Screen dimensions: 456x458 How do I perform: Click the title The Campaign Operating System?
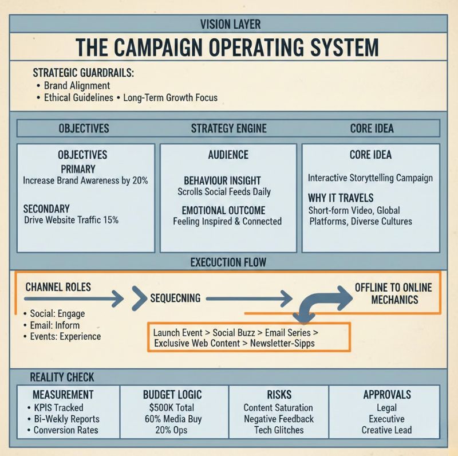pyautogui.click(x=228, y=48)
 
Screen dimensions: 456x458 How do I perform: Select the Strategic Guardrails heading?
pyautogui.click(x=83, y=73)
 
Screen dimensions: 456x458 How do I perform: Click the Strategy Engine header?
pyautogui.click(x=228, y=128)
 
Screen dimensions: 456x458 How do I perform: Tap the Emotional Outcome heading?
pyautogui.click(x=227, y=210)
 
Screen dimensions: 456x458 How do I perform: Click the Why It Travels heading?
pyautogui.click(x=341, y=198)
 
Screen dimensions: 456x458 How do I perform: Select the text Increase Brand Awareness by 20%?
pyautogui.click(x=85, y=180)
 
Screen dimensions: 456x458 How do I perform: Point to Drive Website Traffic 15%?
pyautogui.click(x=72, y=219)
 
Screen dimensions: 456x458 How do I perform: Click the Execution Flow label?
pyautogui.click(x=228, y=262)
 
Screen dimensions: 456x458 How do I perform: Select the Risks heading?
pyautogui.click(x=279, y=394)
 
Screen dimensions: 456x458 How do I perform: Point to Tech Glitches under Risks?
pyautogui.click(x=279, y=430)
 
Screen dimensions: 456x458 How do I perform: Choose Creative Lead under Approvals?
pyautogui.click(x=386, y=430)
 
